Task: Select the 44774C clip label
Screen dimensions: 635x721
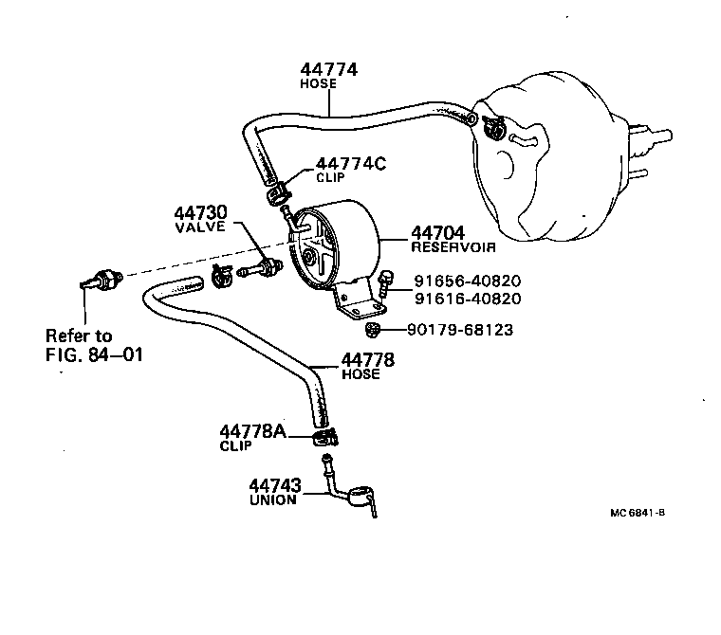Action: [350, 163]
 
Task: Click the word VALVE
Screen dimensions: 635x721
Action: [199, 227]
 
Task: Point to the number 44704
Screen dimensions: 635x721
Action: [437, 232]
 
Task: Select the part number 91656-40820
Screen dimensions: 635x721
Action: [467, 281]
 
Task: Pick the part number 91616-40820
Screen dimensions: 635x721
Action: [467, 299]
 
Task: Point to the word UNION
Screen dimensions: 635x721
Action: [273, 499]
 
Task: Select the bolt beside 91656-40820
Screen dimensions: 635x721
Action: [385, 281]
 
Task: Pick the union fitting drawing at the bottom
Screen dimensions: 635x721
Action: [356, 494]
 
